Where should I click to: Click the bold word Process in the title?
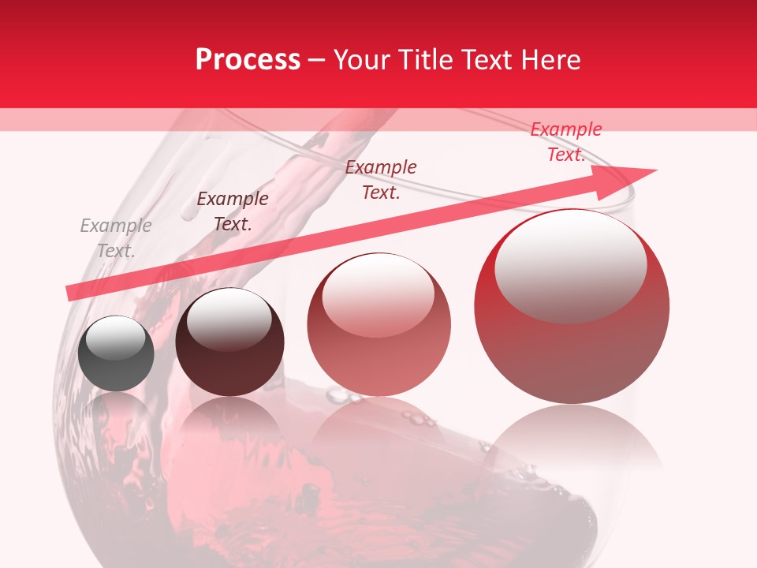[248, 60]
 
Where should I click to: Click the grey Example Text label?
[116, 238]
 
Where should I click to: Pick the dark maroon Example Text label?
[233, 211]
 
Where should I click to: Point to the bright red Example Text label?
[565, 142]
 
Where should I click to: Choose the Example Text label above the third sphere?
[381, 179]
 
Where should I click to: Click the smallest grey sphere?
[116, 353]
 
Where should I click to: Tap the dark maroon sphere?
[229, 342]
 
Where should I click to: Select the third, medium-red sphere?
[379, 325]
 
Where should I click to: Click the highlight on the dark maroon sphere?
[229, 319]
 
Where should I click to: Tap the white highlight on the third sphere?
[378, 297]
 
